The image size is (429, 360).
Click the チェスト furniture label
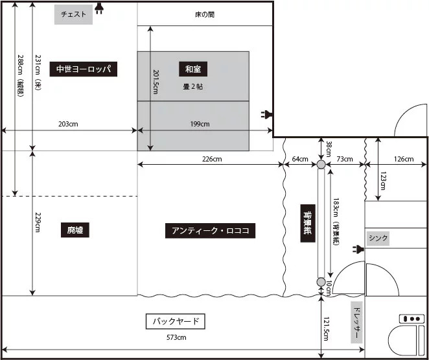coord(73,14)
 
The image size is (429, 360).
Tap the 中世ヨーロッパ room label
coord(84,69)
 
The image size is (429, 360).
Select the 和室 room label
coord(193,69)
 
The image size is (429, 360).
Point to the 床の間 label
coord(205,14)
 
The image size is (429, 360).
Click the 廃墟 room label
coord(75,230)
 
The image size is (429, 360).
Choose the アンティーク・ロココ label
coord(210,230)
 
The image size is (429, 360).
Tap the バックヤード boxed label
coord(176,321)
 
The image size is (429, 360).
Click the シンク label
coord(378,238)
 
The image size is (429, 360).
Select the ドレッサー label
coord(357,322)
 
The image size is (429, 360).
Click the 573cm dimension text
coord(176,337)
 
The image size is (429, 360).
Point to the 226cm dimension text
coord(212,159)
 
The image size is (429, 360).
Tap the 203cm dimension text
coord(68,124)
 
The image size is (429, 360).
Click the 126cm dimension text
coord(404,159)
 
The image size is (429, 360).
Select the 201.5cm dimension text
coord(156,82)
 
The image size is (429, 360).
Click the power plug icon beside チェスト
coord(99,8)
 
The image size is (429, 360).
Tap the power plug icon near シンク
coord(358,249)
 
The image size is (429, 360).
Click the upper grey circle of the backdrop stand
coord(321,164)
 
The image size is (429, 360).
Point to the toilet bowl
coord(402,341)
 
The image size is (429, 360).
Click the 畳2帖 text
coord(193,87)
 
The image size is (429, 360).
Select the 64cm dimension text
coord(300,159)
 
